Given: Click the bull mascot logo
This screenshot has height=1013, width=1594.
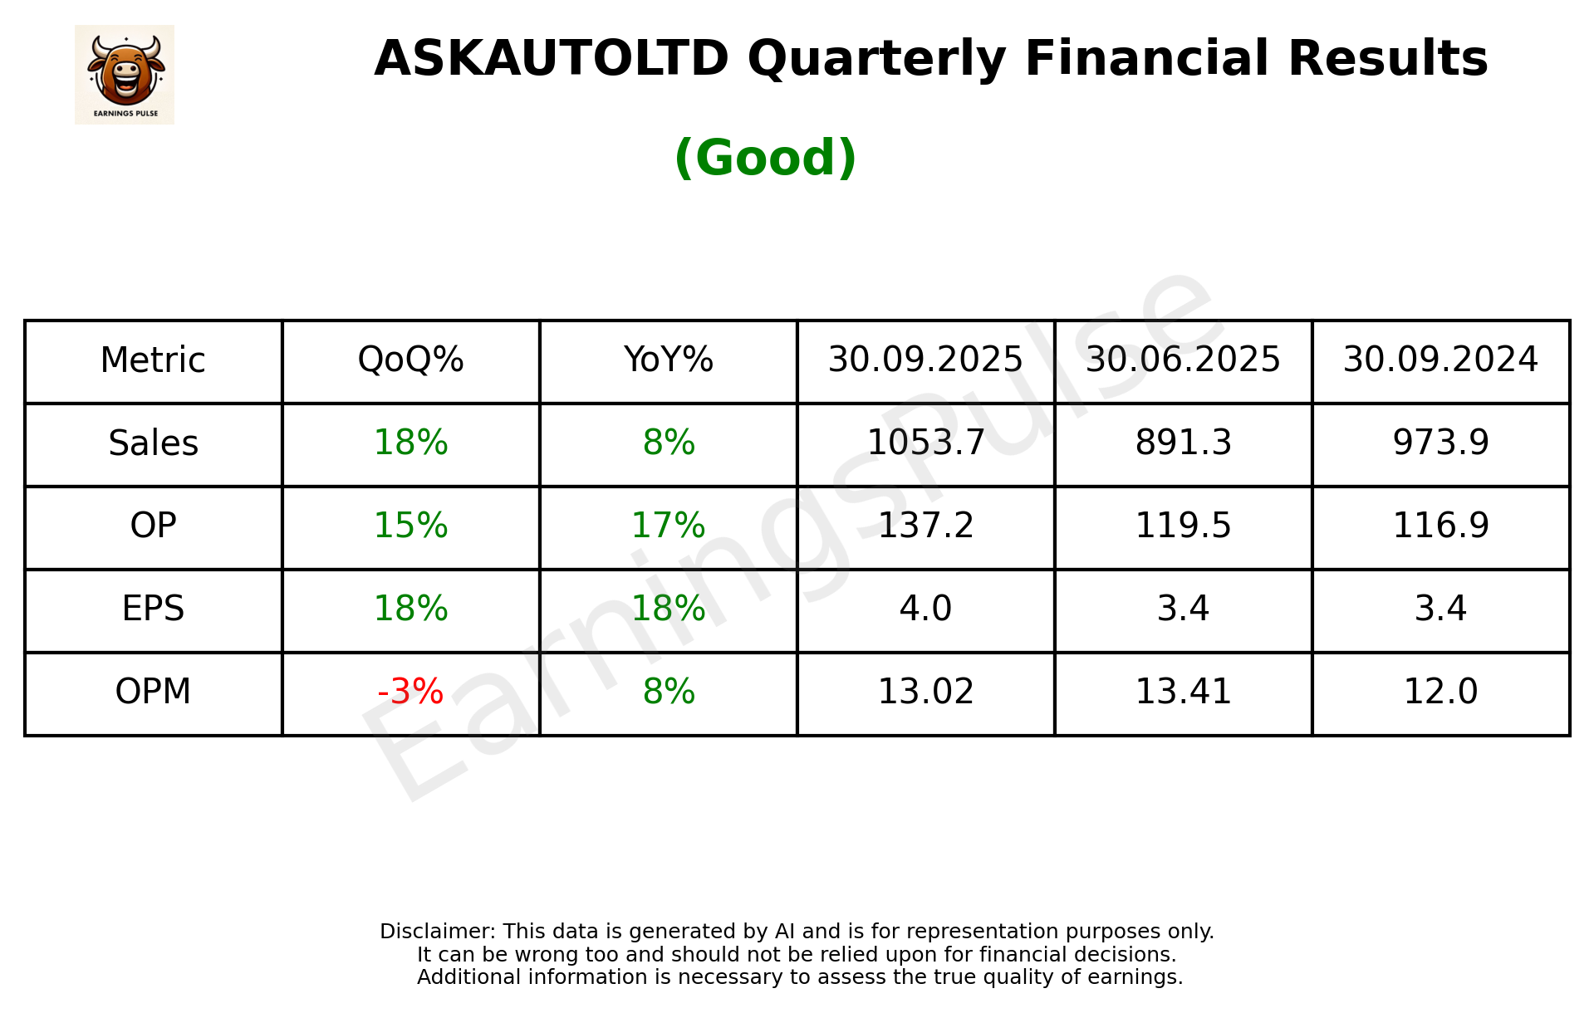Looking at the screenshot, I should [125, 74].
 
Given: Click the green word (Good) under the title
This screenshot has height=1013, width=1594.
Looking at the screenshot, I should [765, 158].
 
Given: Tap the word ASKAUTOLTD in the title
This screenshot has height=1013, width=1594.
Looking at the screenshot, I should [551, 59].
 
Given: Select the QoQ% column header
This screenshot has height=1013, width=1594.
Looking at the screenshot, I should [410, 360].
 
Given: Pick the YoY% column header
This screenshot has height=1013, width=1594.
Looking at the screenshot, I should [668, 360].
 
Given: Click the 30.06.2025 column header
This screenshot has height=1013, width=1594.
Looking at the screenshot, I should [1183, 360].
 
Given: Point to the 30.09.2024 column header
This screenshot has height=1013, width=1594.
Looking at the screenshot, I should [1440, 360].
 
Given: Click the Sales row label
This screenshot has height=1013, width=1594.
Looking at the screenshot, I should [154, 443].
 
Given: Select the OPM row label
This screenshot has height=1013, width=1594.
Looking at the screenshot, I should [154, 692].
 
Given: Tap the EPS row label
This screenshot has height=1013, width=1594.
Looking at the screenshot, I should [154, 609].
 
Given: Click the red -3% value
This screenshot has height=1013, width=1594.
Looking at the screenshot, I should [410, 692].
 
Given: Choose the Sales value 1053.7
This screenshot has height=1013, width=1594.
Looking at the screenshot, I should [925, 443].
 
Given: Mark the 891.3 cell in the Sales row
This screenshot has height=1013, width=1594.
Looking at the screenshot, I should [1183, 443].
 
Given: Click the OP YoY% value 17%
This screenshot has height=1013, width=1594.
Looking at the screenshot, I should [668, 526].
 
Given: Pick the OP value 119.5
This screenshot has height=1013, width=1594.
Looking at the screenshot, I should [1183, 526].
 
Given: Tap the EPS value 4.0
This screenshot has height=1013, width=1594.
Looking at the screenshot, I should [925, 609].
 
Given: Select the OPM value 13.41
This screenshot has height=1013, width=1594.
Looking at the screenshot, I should [1183, 692].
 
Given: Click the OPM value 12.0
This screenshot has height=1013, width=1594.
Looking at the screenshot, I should [1440, 692].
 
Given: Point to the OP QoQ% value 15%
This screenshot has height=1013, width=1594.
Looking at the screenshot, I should [410, 526].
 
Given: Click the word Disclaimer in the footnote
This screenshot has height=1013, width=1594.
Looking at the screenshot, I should [437, 932].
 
